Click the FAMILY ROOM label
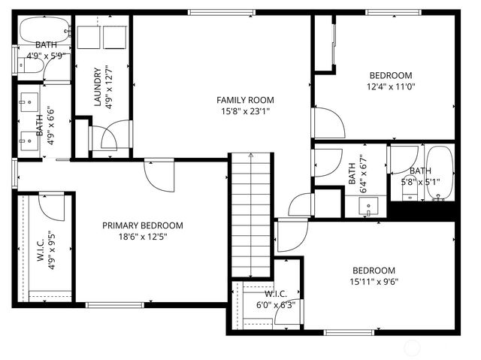pyautogui.click(x=245, y=100)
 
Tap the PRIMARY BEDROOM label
pyautogui.click(x=143, y=225)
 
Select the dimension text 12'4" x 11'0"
pyautogui.click(x=391, y=86)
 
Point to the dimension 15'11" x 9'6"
pyautogui.click(x=375, y=283)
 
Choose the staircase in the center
pyautogui.click(x=250, y=214)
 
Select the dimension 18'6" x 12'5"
pyautogui.click(x=143, y=237)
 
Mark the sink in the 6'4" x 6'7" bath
pyautogui.click(x=369, y=208)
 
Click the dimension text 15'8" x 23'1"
pyautogui.click(x=245, y=111)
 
